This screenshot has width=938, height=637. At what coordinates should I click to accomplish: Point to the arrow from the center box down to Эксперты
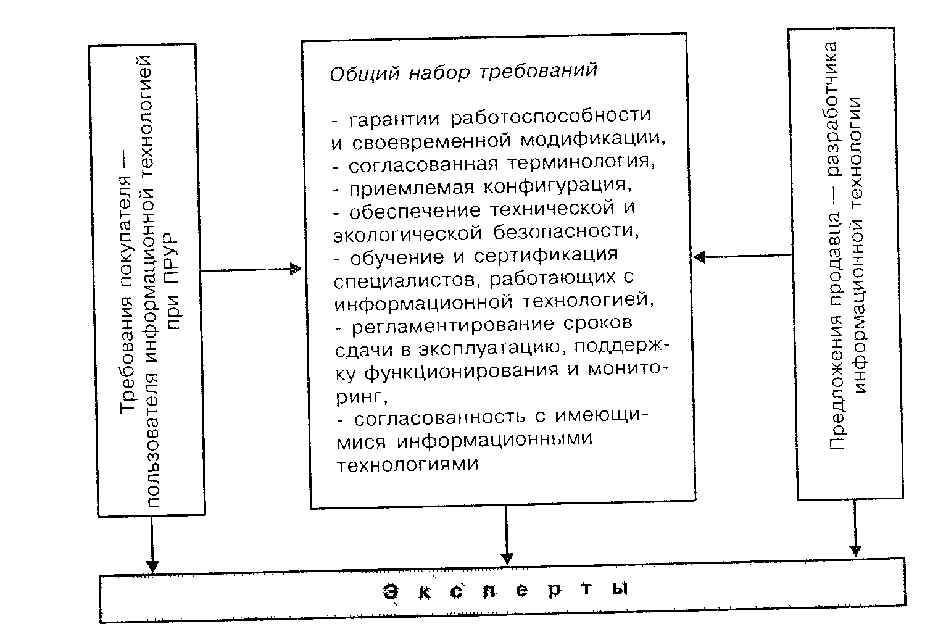pos(507,533)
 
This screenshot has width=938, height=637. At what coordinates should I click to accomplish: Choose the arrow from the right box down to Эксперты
pos(855,528)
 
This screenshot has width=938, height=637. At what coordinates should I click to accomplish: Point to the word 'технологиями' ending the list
pos(407,464)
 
